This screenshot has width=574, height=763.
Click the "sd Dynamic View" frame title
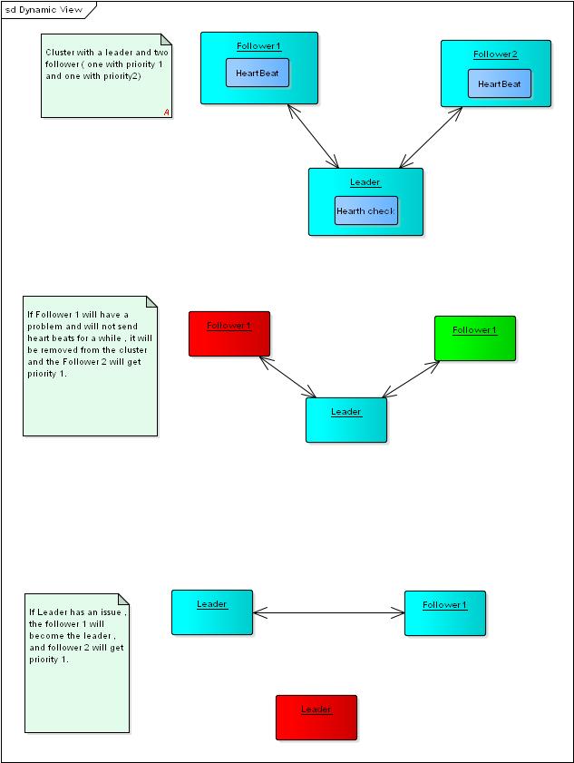tap(44, 10)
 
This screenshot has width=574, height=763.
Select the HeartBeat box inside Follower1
tap(258, 73)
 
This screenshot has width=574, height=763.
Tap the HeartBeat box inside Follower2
tap(500, 83)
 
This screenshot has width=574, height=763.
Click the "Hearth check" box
tap(365, 210)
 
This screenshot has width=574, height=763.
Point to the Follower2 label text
tap(495, 54)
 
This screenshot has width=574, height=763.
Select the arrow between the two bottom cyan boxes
tap(328, 613)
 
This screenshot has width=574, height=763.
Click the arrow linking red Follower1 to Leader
tap(287, 377)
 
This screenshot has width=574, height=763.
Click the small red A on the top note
tap(167, 112)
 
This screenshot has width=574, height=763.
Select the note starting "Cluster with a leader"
tap(105, 76)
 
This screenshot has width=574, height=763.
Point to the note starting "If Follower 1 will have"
tap(90, 365)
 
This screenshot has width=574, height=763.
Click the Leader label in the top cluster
tap(365, 182)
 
